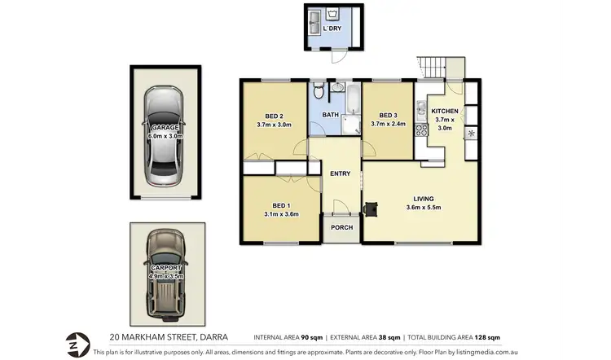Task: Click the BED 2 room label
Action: (274, 115)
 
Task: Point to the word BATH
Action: (330, 116)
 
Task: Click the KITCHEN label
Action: (445, 111)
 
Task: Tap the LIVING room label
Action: (423, 199)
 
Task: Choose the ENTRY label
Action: (340, 173)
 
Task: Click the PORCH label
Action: (341, 227)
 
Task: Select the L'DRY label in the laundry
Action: (333, 29)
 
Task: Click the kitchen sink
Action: (421, 107)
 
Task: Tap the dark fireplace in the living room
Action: (371, 209)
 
